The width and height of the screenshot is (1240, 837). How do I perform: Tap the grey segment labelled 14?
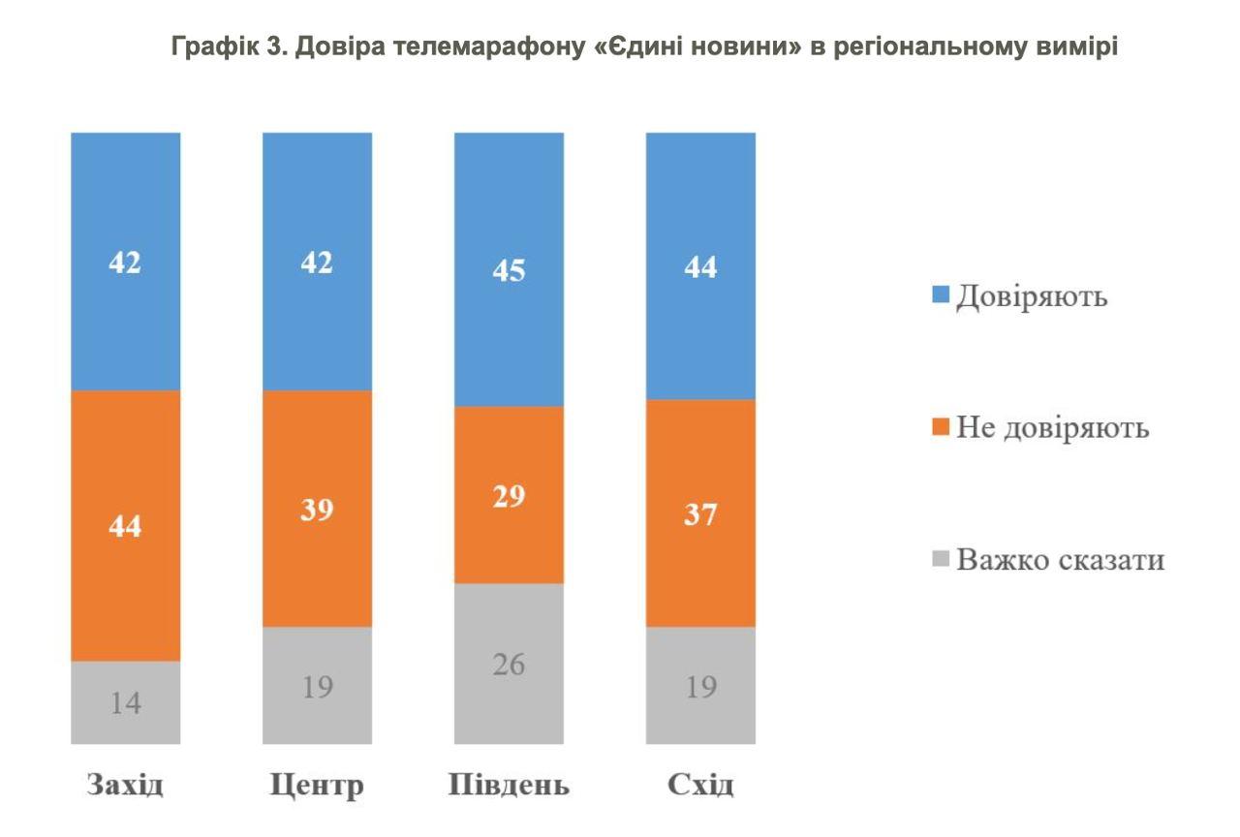125,702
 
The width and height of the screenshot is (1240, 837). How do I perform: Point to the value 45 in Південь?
509,269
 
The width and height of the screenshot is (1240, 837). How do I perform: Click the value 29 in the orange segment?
509,496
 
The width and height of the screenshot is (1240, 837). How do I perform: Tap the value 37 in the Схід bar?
700,513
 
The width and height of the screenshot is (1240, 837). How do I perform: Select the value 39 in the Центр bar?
317,510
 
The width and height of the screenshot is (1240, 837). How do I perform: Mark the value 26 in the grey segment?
509,665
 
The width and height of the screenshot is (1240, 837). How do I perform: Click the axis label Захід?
125,784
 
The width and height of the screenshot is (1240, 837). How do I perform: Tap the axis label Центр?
317,784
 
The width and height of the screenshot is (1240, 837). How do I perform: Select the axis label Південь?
509,784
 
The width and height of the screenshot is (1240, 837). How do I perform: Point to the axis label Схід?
700,784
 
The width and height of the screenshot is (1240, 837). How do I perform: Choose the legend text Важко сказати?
1060,560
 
